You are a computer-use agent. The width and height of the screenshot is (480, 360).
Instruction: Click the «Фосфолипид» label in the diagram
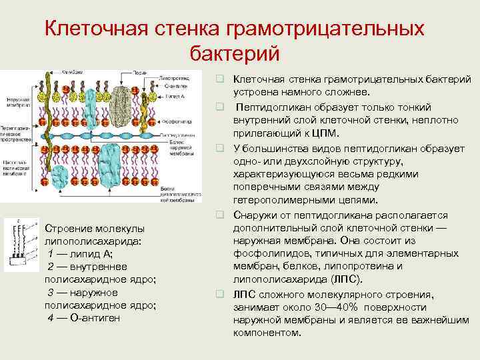pos(177,122)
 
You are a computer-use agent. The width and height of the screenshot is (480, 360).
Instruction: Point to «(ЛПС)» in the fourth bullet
pos(346,279)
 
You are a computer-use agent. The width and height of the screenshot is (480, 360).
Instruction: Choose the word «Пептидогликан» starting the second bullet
pos(271,107)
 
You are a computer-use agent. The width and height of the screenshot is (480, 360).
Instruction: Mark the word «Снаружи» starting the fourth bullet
pos(255,215)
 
